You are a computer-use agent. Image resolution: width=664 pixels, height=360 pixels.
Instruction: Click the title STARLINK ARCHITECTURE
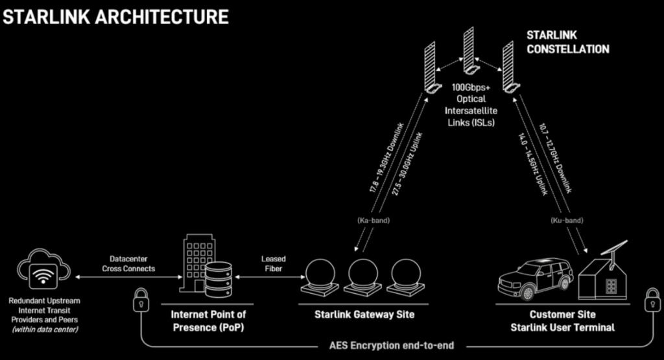click(x=115, y=16)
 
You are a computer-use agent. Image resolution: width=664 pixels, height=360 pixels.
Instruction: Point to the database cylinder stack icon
click(x=219, y=279)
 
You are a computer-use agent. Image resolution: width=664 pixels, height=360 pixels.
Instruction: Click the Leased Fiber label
click(x=273, y=263)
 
